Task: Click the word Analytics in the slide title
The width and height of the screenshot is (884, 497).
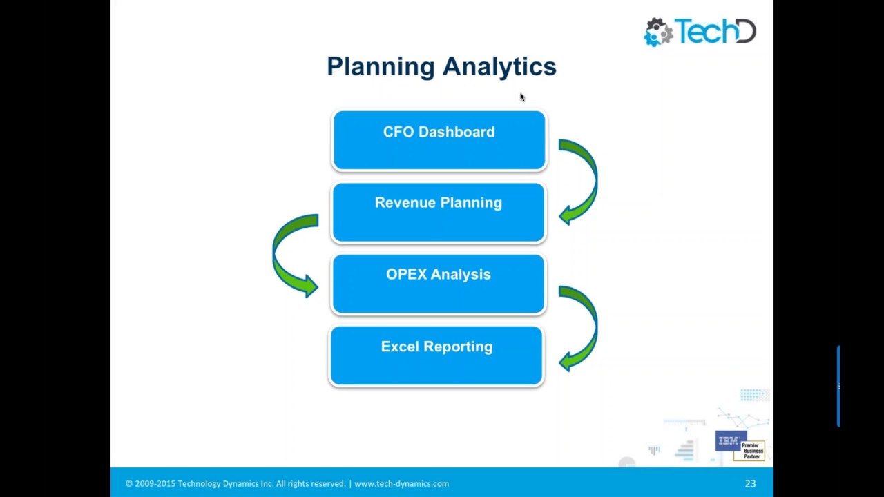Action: pos(499,67)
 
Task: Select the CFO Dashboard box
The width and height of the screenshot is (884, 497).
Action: pos(439,141)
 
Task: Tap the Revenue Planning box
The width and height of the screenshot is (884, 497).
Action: pos(439,213)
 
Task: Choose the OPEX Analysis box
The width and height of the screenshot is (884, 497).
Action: pos(439,284)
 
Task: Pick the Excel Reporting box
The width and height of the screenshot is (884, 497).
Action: pos(436,356)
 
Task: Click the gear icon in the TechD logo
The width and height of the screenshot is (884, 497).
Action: pos(658,32)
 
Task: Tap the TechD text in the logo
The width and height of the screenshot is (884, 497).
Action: pos(715,32)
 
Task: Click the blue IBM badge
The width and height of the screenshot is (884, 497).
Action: pos(728,441)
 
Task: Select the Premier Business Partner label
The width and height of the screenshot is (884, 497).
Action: pos(751,451)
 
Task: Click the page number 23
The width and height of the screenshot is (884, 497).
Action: pos(750,484)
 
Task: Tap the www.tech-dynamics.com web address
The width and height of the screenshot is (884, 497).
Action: pos(401,484)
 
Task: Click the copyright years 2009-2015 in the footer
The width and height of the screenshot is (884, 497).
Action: pos(155,484)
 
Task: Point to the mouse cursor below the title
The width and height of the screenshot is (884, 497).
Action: pos(522,97)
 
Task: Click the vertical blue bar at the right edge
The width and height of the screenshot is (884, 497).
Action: pos(838,387)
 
